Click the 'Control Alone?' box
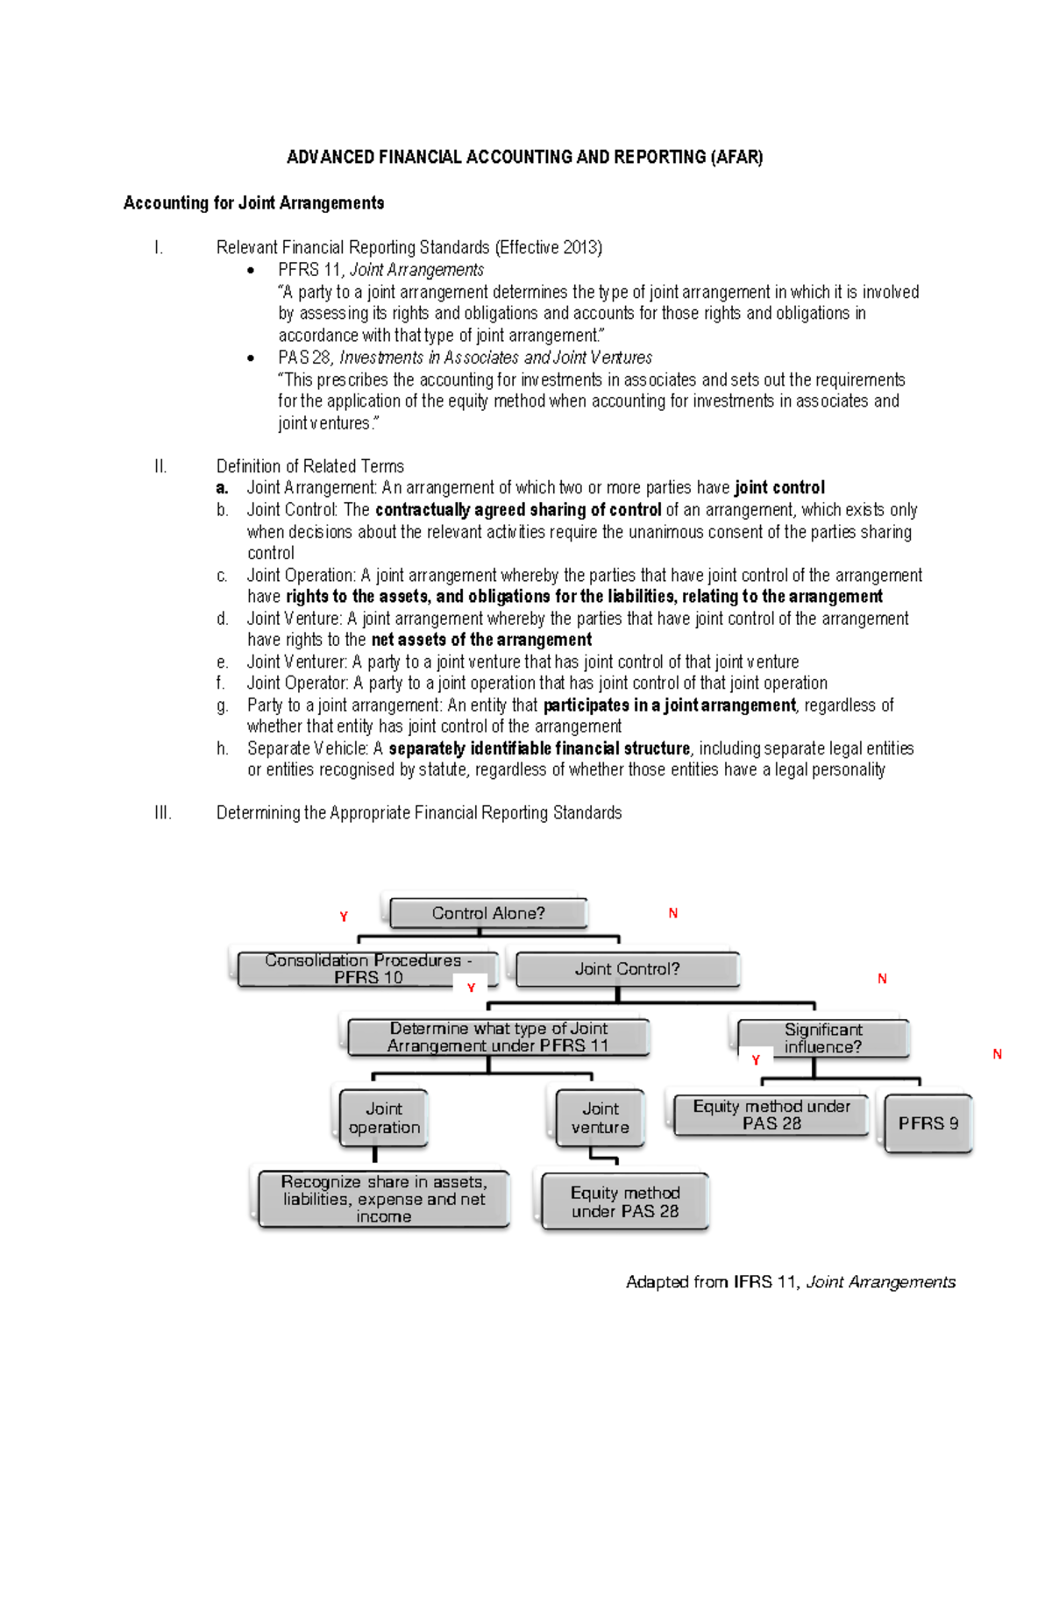(x=488, y=913)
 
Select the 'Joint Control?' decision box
(x=627, y=969)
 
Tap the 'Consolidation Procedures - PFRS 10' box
(x=368, y=968)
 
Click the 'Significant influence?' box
(x=822, y=1038)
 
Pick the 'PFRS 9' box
(x=928, y=1123)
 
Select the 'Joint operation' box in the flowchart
(x=384, y=1118)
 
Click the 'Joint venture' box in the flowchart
(x=601, y=1118)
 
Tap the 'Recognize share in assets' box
(x=384, y=1199)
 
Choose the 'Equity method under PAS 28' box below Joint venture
(x=625, y=1202)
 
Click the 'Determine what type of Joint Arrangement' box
(x=498, y=1038)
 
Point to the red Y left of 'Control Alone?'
(x=344, y=917)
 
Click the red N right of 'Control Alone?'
(x=673, y=913)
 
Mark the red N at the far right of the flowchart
(x=997, y=1054)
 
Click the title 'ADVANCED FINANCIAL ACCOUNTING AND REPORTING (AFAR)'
(x=524, y=157)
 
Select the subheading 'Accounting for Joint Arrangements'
(x=253, y=203)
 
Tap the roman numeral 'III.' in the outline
(x=162, y=813)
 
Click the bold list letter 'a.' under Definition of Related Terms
(x=222, y=488)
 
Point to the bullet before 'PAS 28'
(x=251, y=358)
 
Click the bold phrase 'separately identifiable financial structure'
(x=539, y=748)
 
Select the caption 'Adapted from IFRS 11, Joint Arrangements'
(x=790, y=1282)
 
